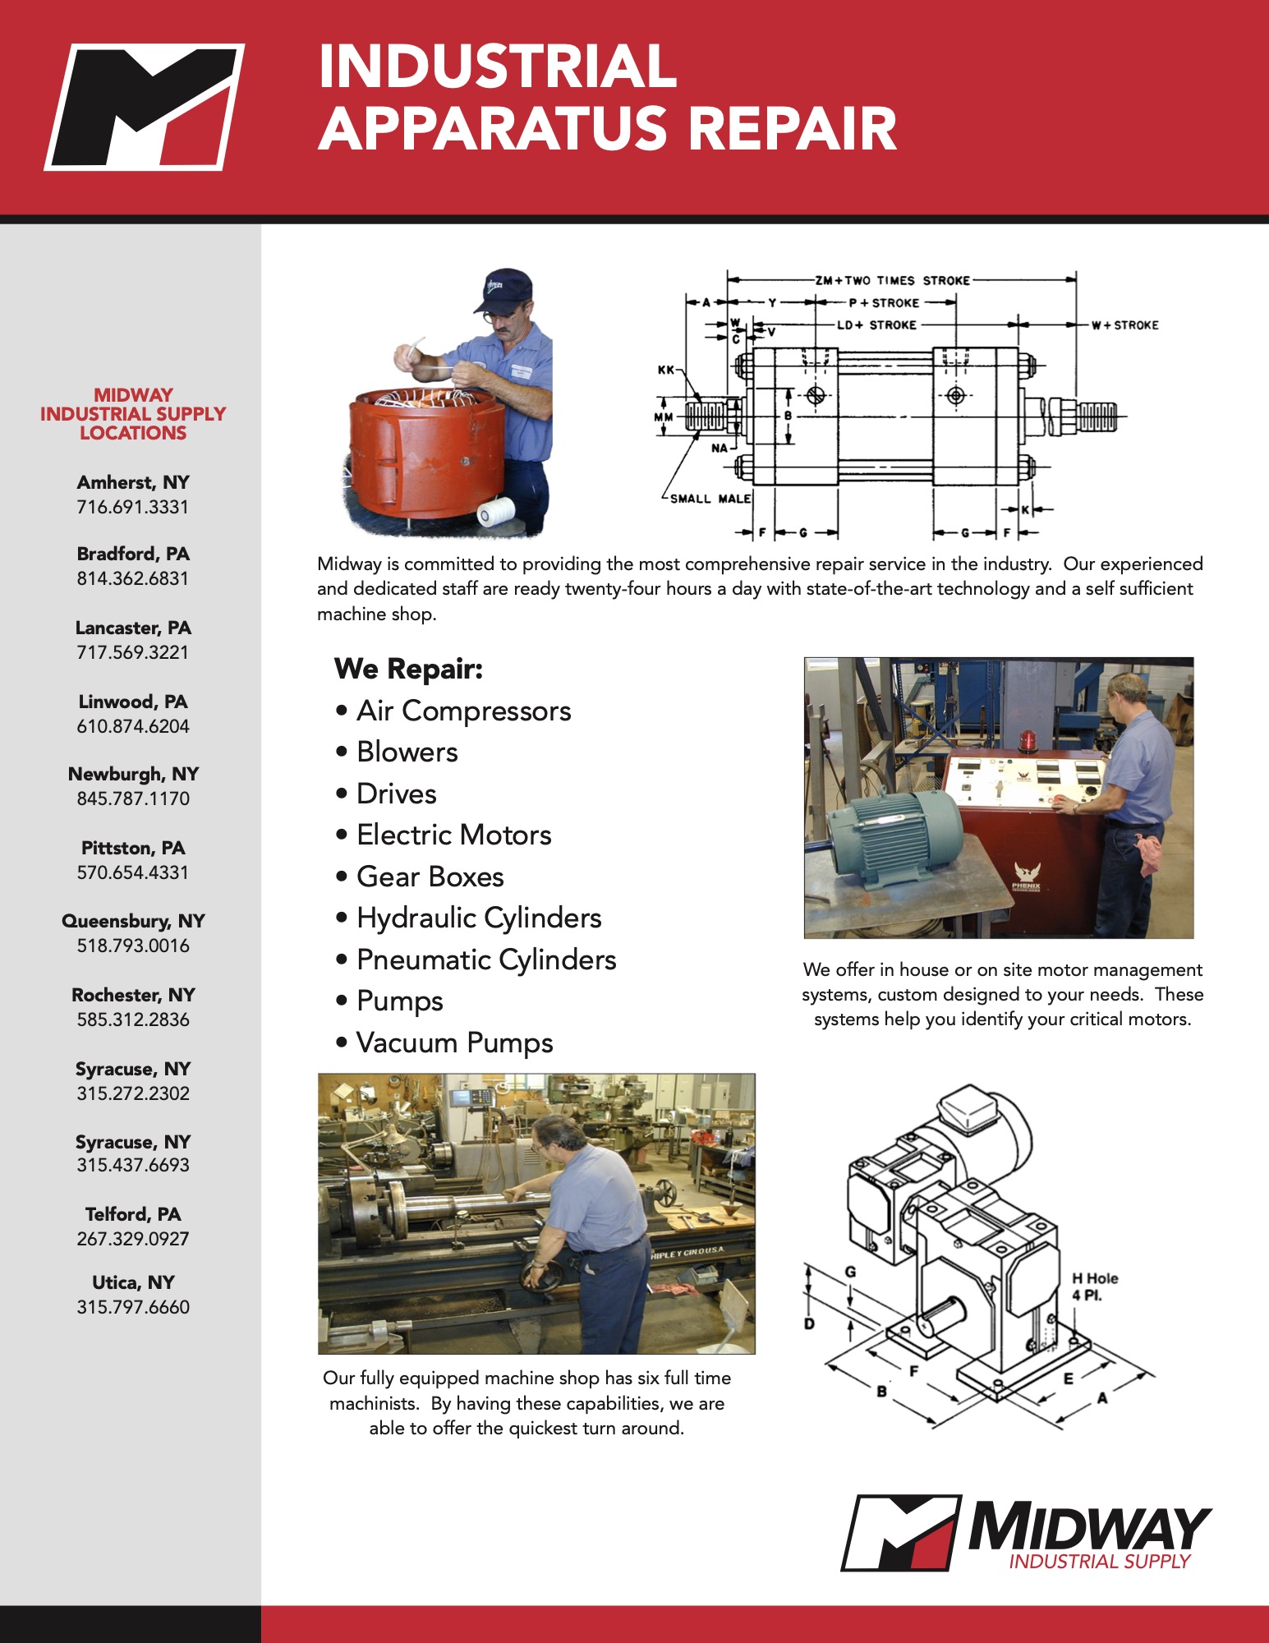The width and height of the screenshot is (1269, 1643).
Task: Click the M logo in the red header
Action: tap(145, 107)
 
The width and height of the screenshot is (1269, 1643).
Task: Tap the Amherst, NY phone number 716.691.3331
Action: tap(133, 507)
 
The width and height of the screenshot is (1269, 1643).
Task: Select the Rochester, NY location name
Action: tap(133, 995)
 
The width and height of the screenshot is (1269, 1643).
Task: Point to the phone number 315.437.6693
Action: tap(133, 1165)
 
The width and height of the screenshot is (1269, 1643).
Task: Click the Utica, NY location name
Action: tap(133, 1282)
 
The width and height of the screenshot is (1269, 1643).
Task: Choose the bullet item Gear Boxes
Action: tap(430, 877)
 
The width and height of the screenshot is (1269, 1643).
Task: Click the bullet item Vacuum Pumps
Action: tap(454, 1042)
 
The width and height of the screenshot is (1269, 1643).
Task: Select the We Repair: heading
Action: tap(408, 669)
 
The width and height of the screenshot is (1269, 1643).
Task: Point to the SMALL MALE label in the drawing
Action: tap(710, 499)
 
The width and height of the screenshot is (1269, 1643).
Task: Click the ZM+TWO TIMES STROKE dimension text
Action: tap(892, 280)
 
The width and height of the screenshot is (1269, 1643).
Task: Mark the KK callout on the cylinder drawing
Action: tap(665, 370)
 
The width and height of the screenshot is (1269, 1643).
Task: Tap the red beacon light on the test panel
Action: tap(1028, 741)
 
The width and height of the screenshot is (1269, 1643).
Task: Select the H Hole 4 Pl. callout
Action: tap(1094, 1286)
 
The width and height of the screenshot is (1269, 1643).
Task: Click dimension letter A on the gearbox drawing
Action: tap(1102, 1397)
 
